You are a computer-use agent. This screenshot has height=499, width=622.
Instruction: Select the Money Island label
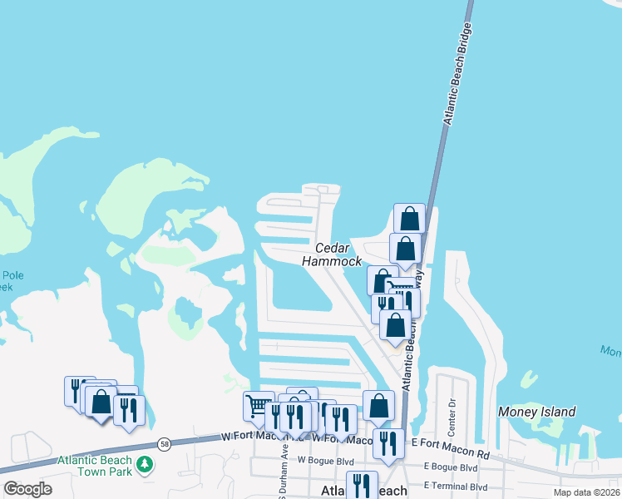[x=536, y=412]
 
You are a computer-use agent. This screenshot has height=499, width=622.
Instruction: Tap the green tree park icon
[x=146, y=464]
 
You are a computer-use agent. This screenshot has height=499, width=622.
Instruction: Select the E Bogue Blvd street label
[x=449, y=467]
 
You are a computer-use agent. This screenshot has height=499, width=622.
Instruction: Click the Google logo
[x=27, y=489]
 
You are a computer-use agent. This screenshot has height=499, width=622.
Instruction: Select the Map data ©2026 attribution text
[x=586, y=492]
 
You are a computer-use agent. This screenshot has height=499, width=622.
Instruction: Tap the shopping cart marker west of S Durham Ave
[x=258, y=406]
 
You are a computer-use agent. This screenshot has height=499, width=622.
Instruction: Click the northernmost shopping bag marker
[x=409, y=218]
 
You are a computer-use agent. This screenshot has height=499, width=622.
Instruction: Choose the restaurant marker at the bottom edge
[x=362, y=484]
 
